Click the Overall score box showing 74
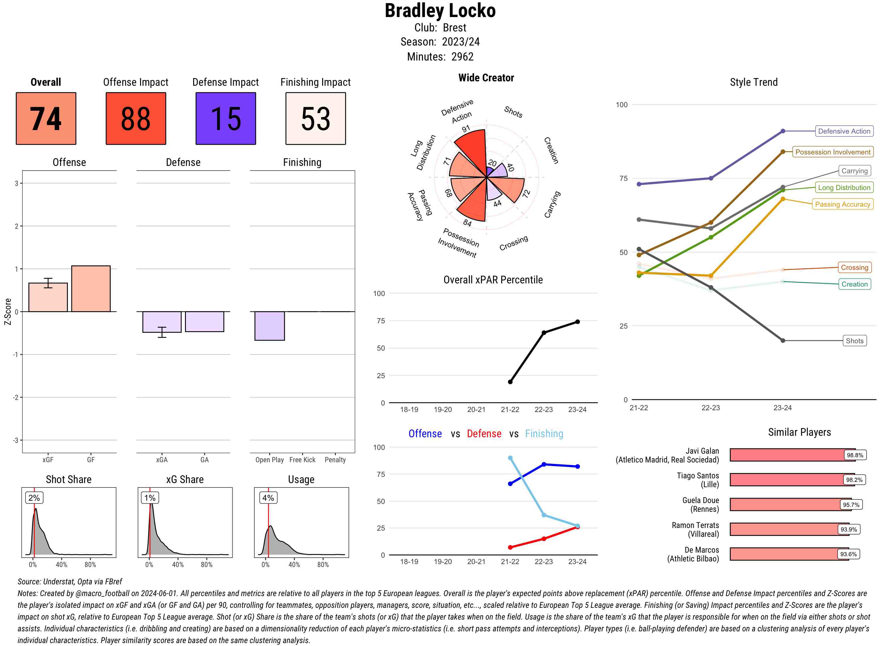click(46, 119)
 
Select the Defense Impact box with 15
click(226, 119)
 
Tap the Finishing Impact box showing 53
click(316, 119)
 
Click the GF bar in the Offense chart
click(91, 289)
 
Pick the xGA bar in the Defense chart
click(162, 322)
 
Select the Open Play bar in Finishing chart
click(269, 326)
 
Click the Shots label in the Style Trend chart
click(854, 341)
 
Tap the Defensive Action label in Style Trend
click(844, 131)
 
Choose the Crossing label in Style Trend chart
click(854, 268)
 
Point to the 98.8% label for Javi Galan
click(855, 455)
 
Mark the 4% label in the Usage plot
click(268, 498)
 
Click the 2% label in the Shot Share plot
click(34, 498)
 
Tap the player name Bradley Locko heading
click(440, 11)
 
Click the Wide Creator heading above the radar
click(486, 78)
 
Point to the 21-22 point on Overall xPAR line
click(510, 382)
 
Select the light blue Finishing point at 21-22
click(510, 458)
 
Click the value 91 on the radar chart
click(466, 129)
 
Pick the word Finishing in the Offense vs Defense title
click(544, 434)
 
